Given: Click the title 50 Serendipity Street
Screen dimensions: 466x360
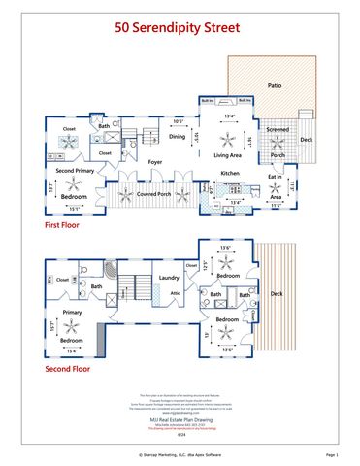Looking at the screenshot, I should click(180, 30).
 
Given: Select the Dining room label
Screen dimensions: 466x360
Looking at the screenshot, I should click(177, 137).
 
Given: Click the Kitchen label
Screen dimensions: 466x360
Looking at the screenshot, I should click(229, 173).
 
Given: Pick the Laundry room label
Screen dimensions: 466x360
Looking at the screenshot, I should click(170, 277).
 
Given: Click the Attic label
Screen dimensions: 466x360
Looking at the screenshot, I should click(175, 292).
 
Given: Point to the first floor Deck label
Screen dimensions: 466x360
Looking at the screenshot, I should click(306, 140).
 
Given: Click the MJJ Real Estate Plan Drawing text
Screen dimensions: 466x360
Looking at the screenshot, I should click(180, 414).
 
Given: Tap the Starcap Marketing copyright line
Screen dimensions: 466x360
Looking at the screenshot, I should click(180, 453).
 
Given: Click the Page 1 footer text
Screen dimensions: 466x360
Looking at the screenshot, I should click(331, 453).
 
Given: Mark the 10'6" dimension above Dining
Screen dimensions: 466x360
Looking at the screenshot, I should click(178, 121).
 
